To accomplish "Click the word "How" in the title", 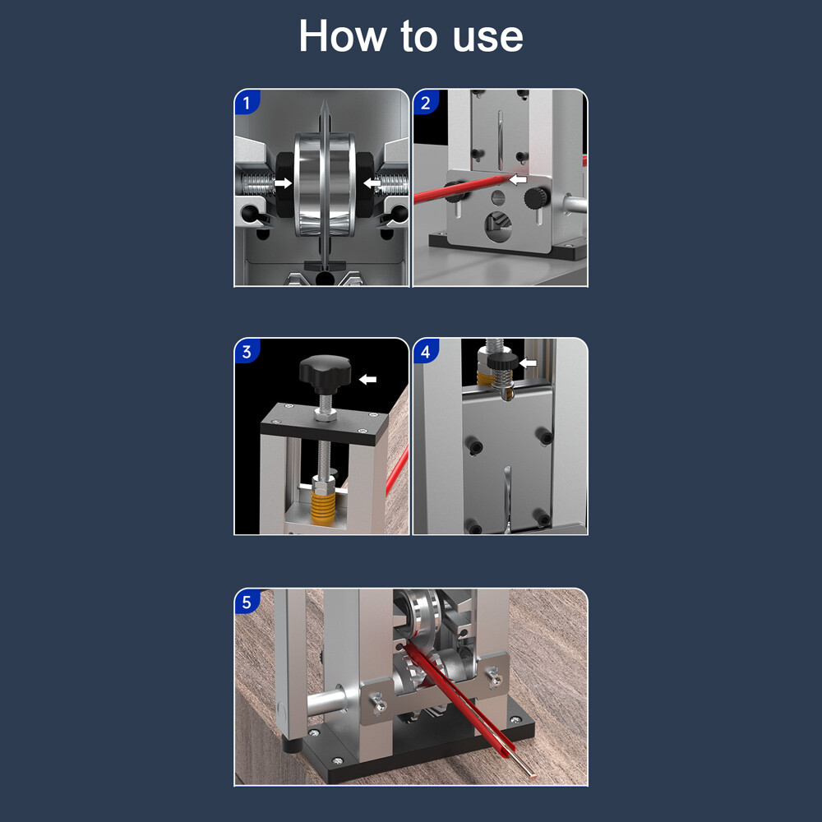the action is tap(342, 35).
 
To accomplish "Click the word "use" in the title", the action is tap(488, 39).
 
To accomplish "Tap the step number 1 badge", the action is tap(247, 102).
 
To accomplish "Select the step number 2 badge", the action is tap(425, 102).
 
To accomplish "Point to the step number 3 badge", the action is tap(247, 351).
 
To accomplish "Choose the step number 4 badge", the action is tap(425, 351).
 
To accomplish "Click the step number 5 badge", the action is tap(247, 602).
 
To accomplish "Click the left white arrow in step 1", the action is tap(283, 183).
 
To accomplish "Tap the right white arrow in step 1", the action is tap(372, 183).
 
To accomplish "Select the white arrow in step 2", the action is tap(518, 180).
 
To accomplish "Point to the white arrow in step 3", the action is tap(367, 379).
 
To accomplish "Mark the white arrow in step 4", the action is tap(528, 363).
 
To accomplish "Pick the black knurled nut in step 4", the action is tap(503, 361).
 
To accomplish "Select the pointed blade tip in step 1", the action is tap(325, 104).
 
